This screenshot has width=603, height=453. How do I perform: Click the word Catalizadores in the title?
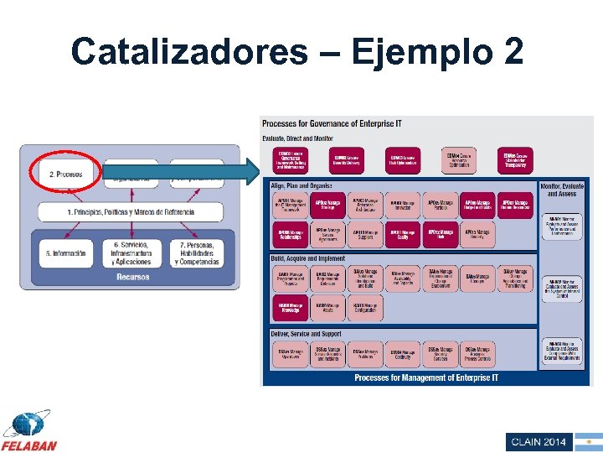pyautogui.click(x=189, y=51)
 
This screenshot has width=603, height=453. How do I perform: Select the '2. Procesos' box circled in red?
pyautogui.click(x=65, y=174)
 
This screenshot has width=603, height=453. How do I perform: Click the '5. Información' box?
pyautogui.click(x=65, y=253)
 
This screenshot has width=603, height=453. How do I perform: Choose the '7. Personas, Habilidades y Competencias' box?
pyautogui.click(x=198, y=253)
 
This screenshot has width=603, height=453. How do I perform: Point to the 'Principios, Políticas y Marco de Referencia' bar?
pyautogui.click(x=131, y=212)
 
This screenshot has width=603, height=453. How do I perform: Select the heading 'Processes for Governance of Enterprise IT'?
pyautogui.click(x=332, y=124)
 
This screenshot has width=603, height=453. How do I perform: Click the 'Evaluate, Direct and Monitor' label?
pyautogui.click(x=298, y=138)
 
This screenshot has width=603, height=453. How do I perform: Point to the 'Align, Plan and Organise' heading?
pyautogui.click(x=301, y=185)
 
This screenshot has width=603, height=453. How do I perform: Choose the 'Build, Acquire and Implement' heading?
pyautogui.click(x=307, y=259)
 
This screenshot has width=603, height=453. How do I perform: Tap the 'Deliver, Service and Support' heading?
pyautogui.click(x=307, y=334)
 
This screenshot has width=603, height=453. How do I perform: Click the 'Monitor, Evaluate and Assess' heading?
pyautogui.click(x=562, y=189)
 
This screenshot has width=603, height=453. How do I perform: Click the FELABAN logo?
pyautogui.click(x=29, y=431)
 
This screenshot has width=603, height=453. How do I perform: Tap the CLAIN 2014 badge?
pyautogui.click(x=539, y=441)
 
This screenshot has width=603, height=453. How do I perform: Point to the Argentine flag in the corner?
pyautogui.click(x=589, y=441)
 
